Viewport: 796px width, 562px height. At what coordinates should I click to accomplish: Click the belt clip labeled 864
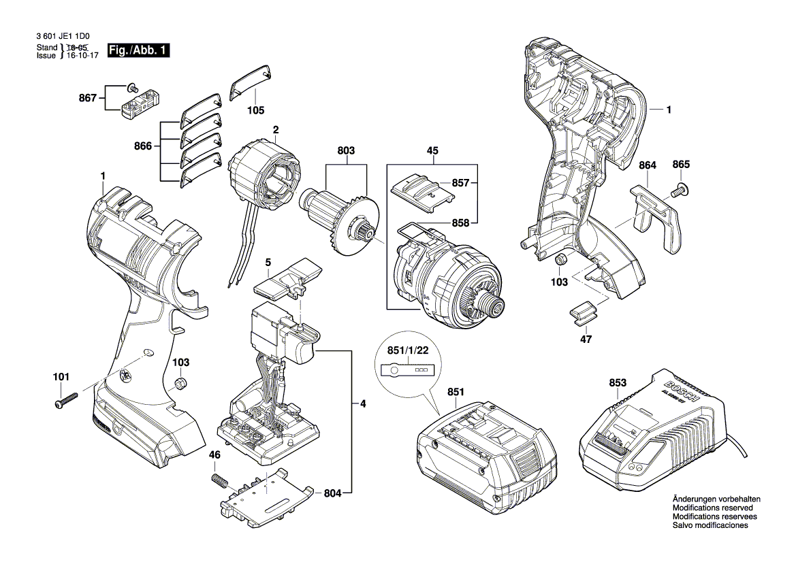click(x=657, y=218)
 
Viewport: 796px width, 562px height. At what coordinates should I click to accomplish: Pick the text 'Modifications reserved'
click(x=712, y=508)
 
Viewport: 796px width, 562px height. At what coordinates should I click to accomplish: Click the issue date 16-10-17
click(x=82, y=56)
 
